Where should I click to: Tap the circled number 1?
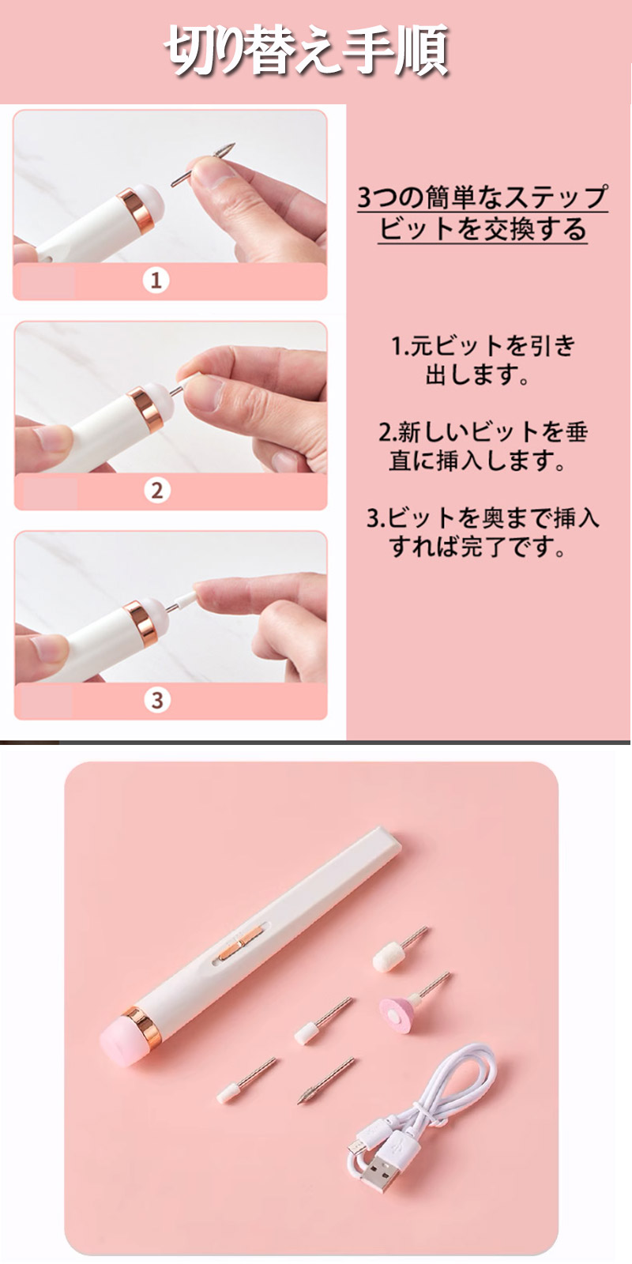click(156, 280)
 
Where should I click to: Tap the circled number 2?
click(156, 490)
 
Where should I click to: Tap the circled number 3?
click(156, 700)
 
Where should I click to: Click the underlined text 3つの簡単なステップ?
click(482, 196)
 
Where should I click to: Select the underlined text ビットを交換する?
click(482, 229)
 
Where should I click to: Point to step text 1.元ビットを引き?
click(483, 345)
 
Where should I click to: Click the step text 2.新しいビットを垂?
click(483, 431)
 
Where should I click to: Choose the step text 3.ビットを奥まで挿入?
click(483, 517)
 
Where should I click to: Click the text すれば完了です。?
click(477, 546)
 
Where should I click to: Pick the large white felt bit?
click(389, 954)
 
